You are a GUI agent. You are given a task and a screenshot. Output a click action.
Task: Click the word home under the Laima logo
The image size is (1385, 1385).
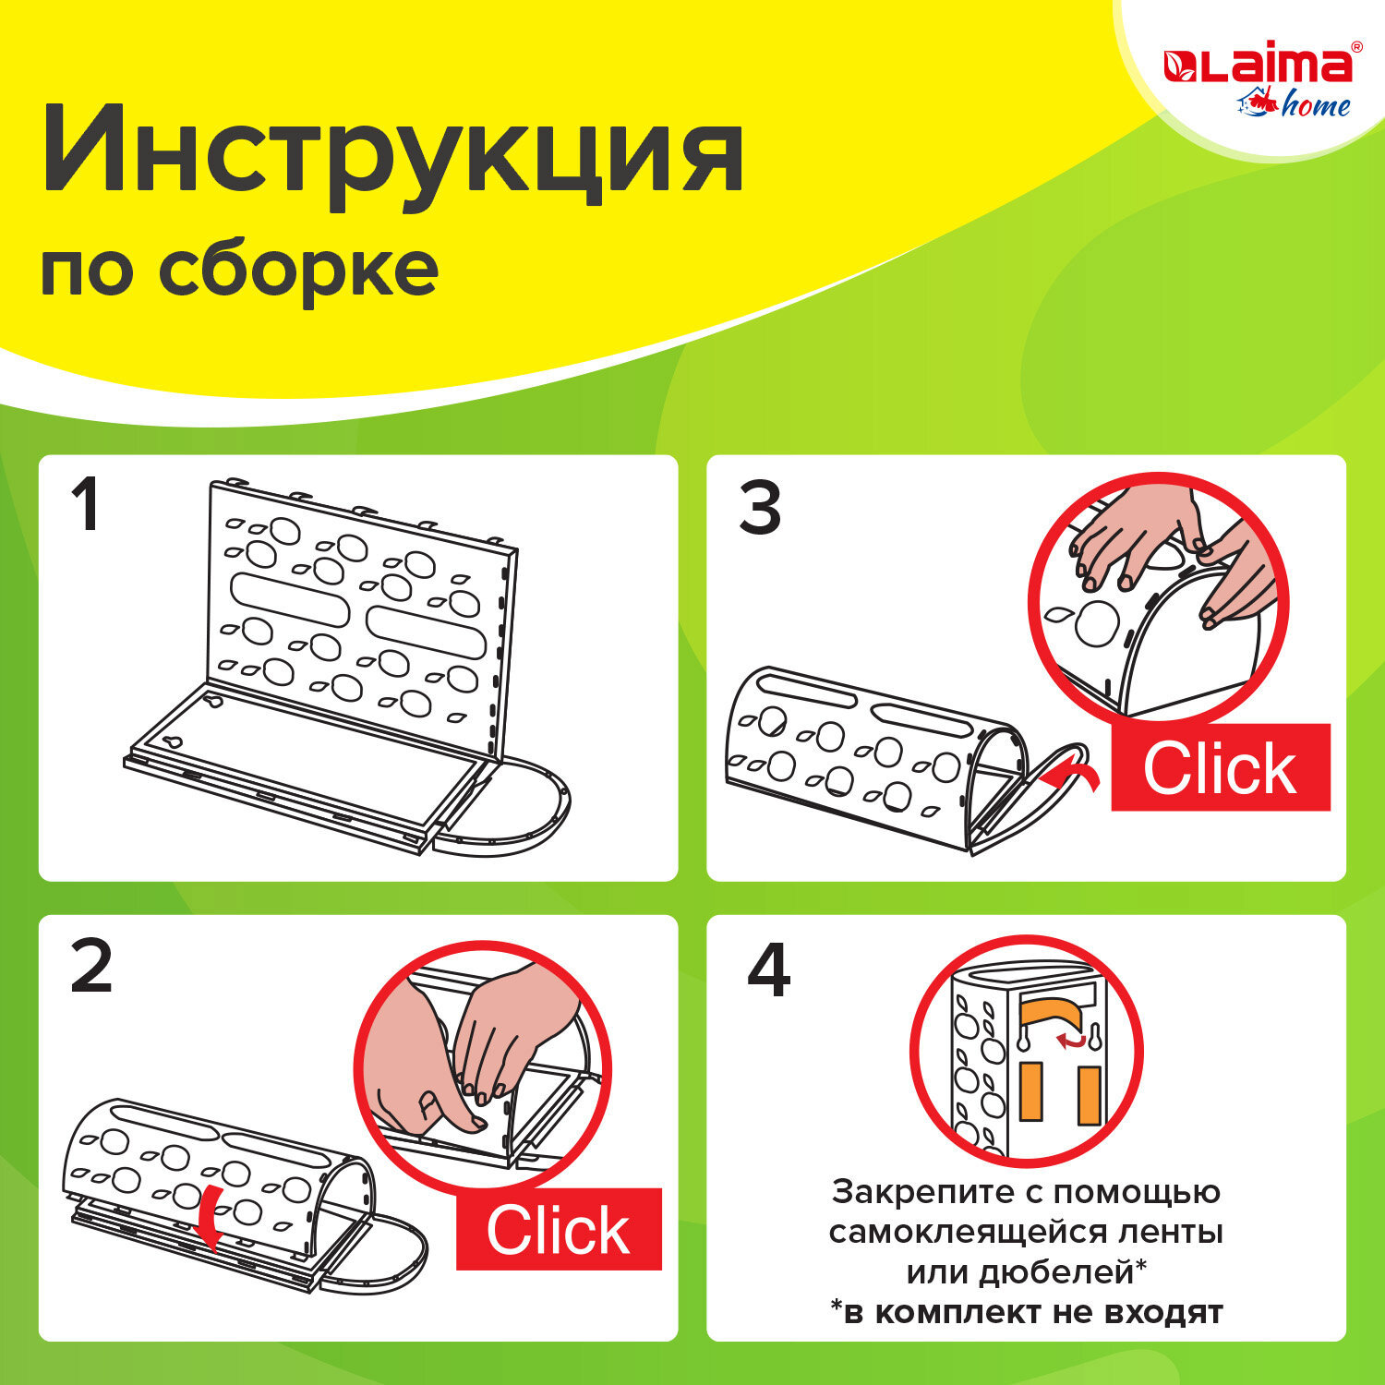[x=1315, y=106]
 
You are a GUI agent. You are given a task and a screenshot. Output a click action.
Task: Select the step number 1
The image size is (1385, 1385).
[x=86, y=506]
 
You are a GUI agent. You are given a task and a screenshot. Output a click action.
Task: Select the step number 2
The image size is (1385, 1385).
[x=90, y=967]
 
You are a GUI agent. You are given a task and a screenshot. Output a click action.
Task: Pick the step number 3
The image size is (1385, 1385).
[x=760, y=508]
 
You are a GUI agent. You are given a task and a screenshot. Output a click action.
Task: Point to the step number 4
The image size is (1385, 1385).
[x=768, y=970]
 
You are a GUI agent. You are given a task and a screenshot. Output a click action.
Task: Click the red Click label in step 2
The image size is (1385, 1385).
[x=559, y=1230]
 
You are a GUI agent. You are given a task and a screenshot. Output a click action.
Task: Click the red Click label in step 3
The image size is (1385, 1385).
[x=1220, y=768]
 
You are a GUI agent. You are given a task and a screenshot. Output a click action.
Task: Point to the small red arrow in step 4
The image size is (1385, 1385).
[x=1072, y=1041]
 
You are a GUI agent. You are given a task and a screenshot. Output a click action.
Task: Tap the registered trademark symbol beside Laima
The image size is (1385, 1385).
[x=1355, y=46]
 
